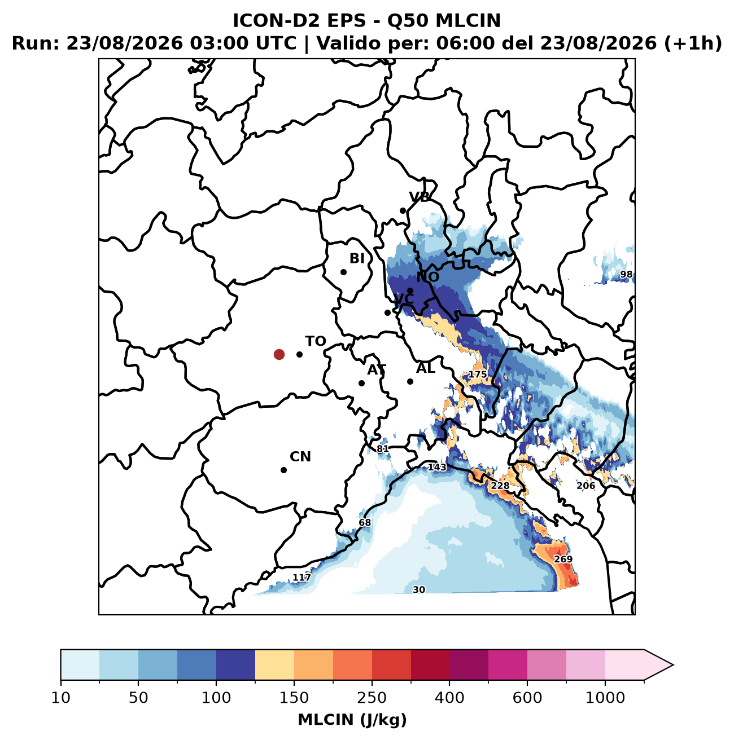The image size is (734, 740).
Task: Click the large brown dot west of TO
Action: tap(279, 354)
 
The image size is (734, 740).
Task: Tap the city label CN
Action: tap(300, 457)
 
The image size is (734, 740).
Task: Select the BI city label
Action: tap(357, 258)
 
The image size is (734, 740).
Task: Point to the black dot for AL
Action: tap(410, 382)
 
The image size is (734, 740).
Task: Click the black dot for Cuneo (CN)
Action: tap(284, 470)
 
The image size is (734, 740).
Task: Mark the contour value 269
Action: tap(563, 559)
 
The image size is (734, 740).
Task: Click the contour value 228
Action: tap(500, 486)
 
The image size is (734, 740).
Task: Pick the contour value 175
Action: tap(478, 375)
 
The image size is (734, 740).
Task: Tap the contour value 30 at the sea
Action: tap(419, 589)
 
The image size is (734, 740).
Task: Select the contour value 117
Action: tap(302, 577)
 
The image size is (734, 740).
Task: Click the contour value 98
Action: tap(626, 274)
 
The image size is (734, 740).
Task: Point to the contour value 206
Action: tap(586, 486)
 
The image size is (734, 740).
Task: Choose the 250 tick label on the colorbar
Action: tap(372, 698)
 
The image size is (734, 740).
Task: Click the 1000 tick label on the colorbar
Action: tap(605, 698)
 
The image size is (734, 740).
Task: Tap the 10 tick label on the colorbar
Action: tap(61, 698)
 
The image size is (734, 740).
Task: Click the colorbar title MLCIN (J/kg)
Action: tap(352, 719)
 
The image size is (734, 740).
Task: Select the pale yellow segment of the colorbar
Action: tap(274, 665)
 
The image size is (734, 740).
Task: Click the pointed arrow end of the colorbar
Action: tap(673, 665)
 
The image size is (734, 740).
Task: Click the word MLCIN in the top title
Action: tap(468, 21)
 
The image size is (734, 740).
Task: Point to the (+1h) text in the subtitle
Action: tap(693, 43)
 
